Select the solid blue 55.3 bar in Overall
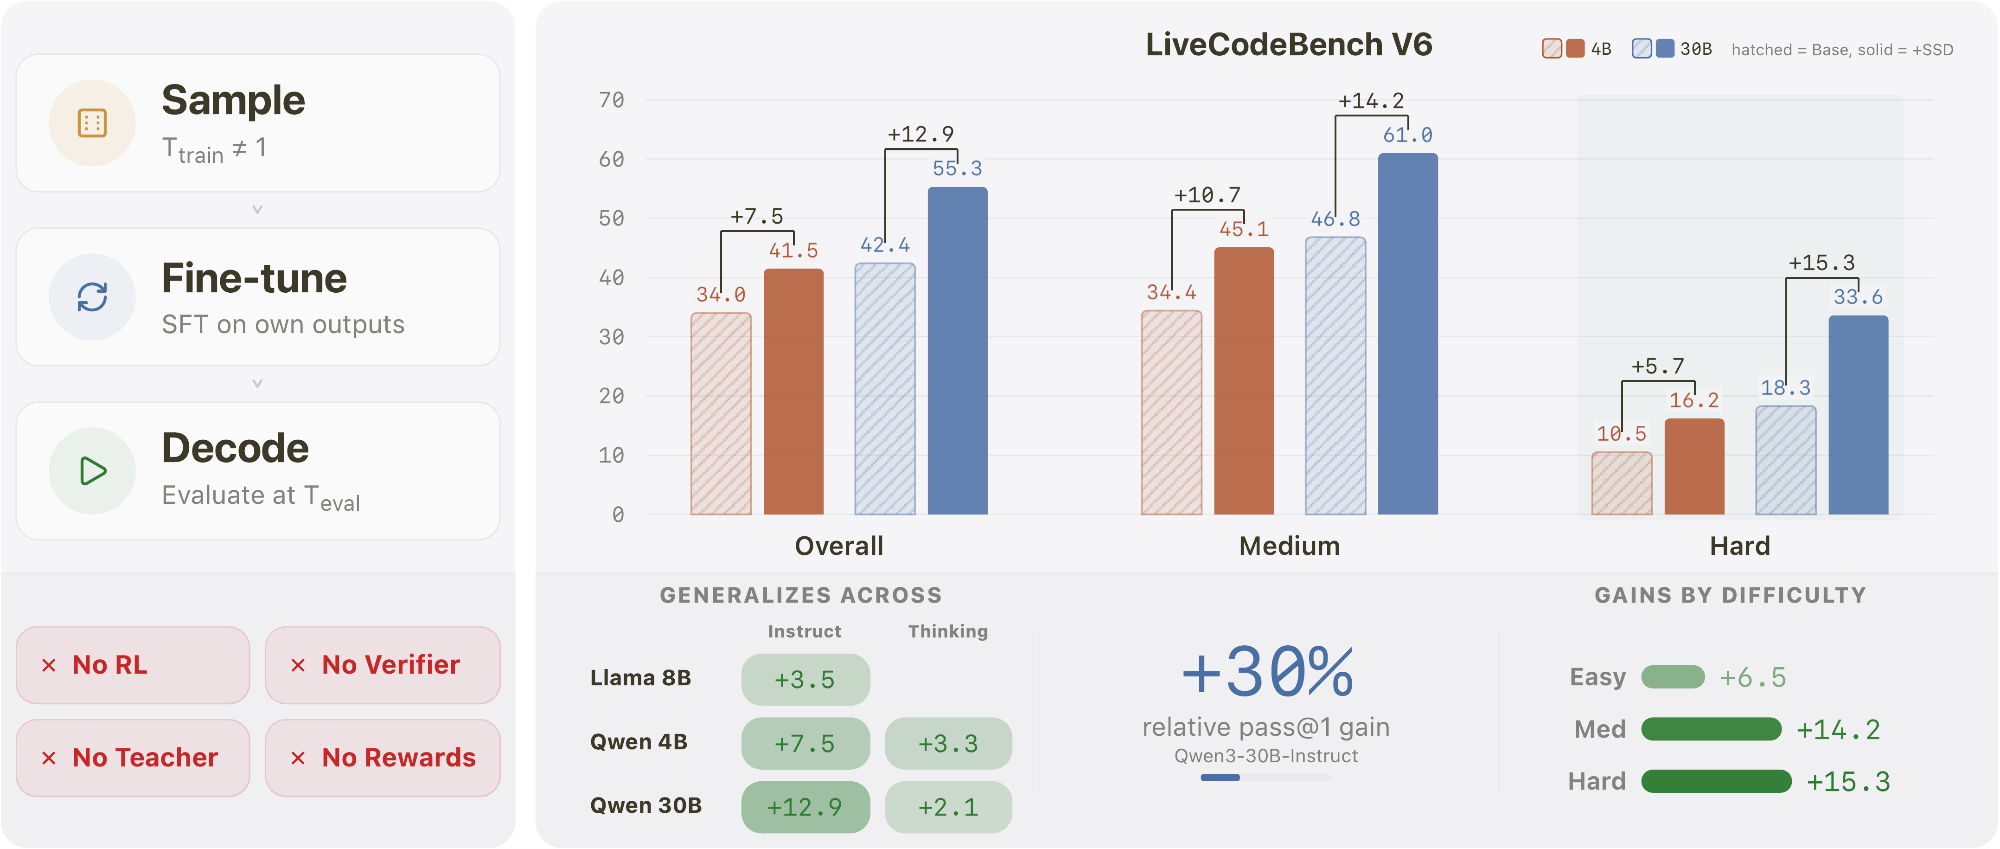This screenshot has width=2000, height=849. pyautogui.click(x=957, y=349)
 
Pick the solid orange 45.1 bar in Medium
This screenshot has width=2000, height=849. pyautogui.click(x=1243, y=380)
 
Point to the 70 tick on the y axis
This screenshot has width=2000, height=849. pyautogui.click(x=611, y=100)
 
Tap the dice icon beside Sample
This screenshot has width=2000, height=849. pyautogui.click(x=92, y=123)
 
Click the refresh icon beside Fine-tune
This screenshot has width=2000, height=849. pyautogui.click(x=92, y=297)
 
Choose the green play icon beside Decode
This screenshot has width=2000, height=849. pyautogui.click(x=92, y=471)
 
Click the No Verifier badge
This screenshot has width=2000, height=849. pyautogui.click(x=382, y=665)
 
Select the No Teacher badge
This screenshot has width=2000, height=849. pyautogui.click(x=133, y=757)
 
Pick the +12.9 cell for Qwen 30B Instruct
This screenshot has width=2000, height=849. pyautogui.click(x=805, y=807)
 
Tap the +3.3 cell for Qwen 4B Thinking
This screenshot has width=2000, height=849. pyautogui.click(x=947, y=743)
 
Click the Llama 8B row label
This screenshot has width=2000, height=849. pyautogui.click(x=640, y=678)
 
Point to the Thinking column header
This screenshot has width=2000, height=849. pyautogui.click(x=947, y=631)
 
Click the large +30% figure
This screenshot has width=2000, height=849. pyautogui.click(x=1266, y=672)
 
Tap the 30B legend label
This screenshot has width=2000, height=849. pyautogui.click(x=1696, y=50)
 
